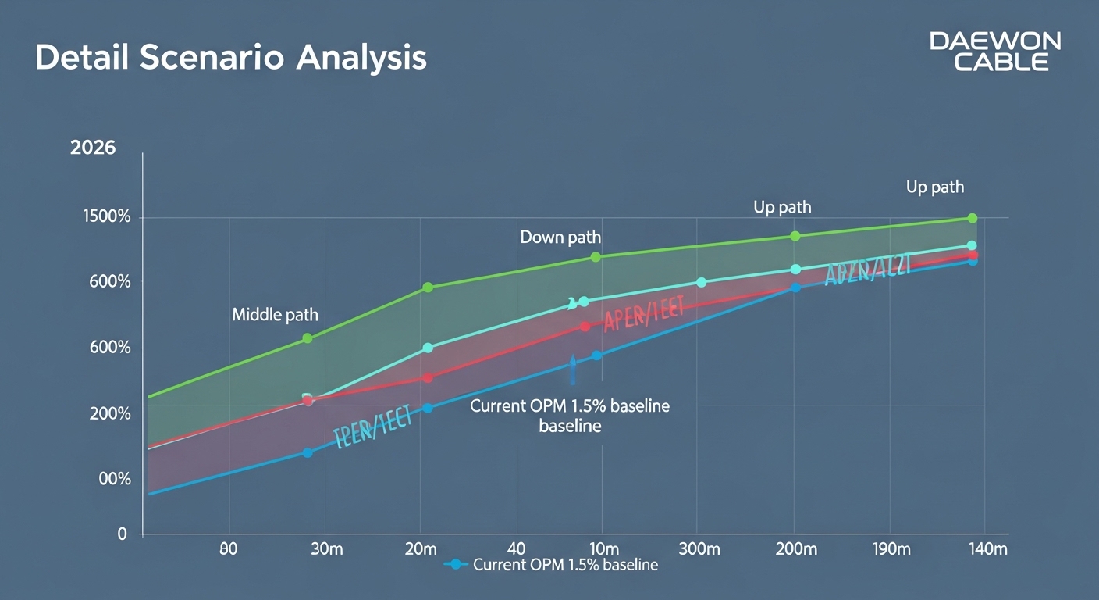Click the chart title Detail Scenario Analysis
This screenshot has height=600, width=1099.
[x=231, y=59]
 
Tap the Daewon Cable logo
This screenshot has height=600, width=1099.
[x=994, y=52]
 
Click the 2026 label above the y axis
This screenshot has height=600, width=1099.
[x=93, y=148]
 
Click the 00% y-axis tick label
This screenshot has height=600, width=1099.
[x=114, y=479]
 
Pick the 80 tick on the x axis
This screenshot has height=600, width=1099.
[x=228, y=548]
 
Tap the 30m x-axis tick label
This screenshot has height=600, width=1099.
[x=325, y=548]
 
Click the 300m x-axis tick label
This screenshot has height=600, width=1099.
[x=700, y=548]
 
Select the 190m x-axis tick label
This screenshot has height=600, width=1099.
[x=891, y=548]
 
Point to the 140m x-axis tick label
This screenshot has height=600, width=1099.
[x=987, y=548]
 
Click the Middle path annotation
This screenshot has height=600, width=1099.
[x=275, y=315]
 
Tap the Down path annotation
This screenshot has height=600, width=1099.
[x=560, y=237]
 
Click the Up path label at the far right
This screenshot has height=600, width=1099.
[x=934, y=187]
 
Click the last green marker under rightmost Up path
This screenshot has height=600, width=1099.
[x=972, y=218]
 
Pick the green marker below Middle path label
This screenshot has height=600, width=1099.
[x=308, y=338]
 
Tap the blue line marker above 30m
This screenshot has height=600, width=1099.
[x=308, y=452]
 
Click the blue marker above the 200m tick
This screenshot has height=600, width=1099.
[x=795, y=287]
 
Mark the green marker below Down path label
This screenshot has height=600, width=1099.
[x=596, y=257]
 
